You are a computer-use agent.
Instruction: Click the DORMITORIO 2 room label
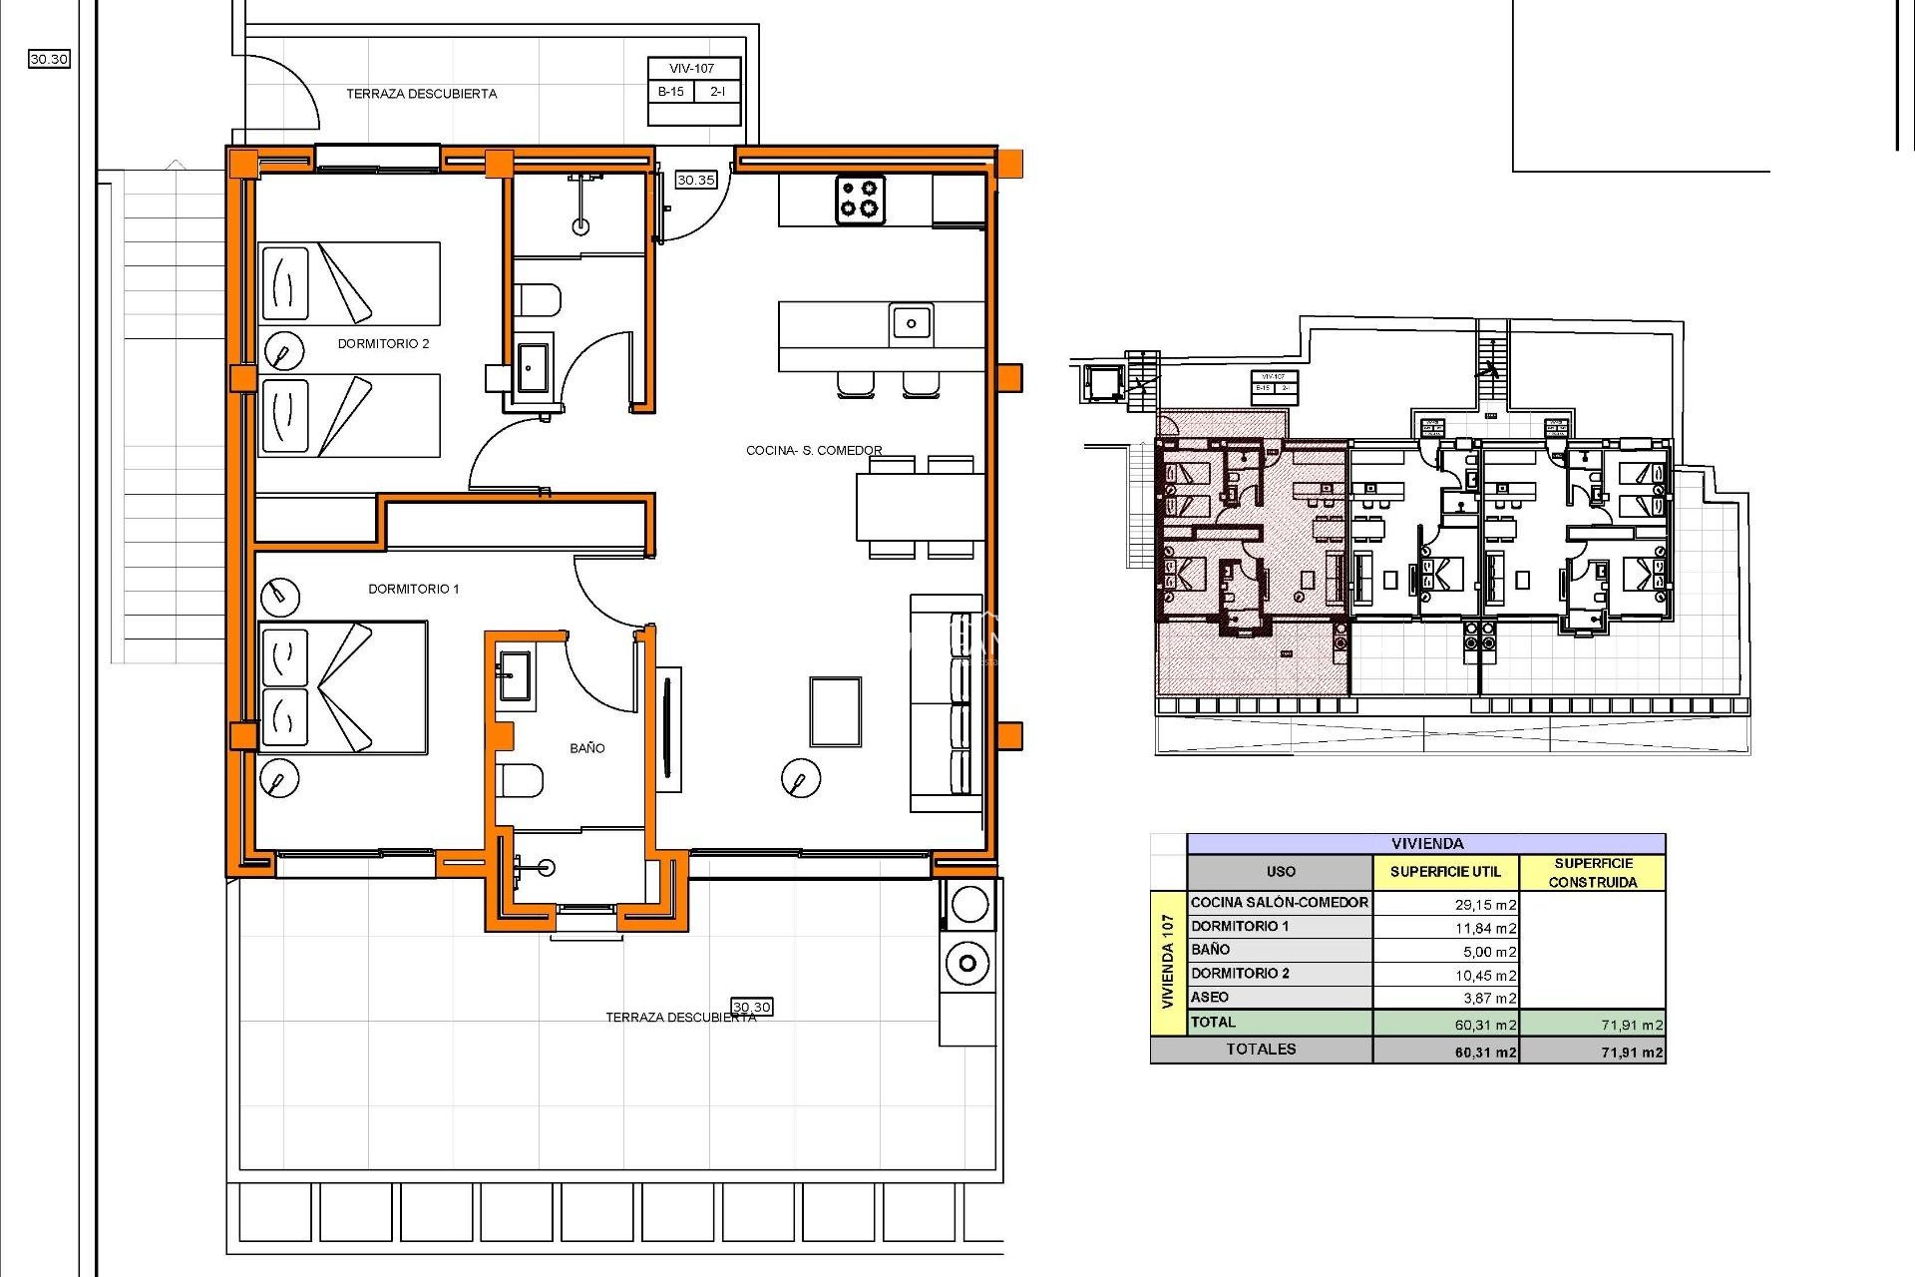click(383, 344)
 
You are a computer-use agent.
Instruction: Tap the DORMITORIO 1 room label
click(414, 590)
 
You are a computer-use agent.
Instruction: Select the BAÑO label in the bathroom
click(587, 748)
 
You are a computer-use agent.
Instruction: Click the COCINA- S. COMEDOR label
click(814, 451)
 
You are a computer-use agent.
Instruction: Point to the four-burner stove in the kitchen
click(860, 199)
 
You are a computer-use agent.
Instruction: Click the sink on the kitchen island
click(911, 323)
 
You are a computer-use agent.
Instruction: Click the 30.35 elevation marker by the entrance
click(695, 181)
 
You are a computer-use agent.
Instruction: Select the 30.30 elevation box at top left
click(49, 60)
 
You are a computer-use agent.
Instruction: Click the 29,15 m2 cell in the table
click(1484, 905)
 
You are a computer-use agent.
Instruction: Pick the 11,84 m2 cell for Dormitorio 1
click(1484, 929)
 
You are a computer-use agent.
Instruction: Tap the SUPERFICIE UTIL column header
click(1445, 872)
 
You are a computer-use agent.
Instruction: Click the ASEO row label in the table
click(1210, 998)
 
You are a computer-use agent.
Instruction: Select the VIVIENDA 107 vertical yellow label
click(1168, 962)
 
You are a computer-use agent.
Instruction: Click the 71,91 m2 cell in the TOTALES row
click(1631, 1053)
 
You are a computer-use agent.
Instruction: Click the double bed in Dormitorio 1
click(342, 687)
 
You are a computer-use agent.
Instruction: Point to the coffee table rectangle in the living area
click(835, 711)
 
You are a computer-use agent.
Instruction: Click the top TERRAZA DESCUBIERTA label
click(421, 95)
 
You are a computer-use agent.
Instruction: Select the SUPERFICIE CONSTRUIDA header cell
click(1593, 873)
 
